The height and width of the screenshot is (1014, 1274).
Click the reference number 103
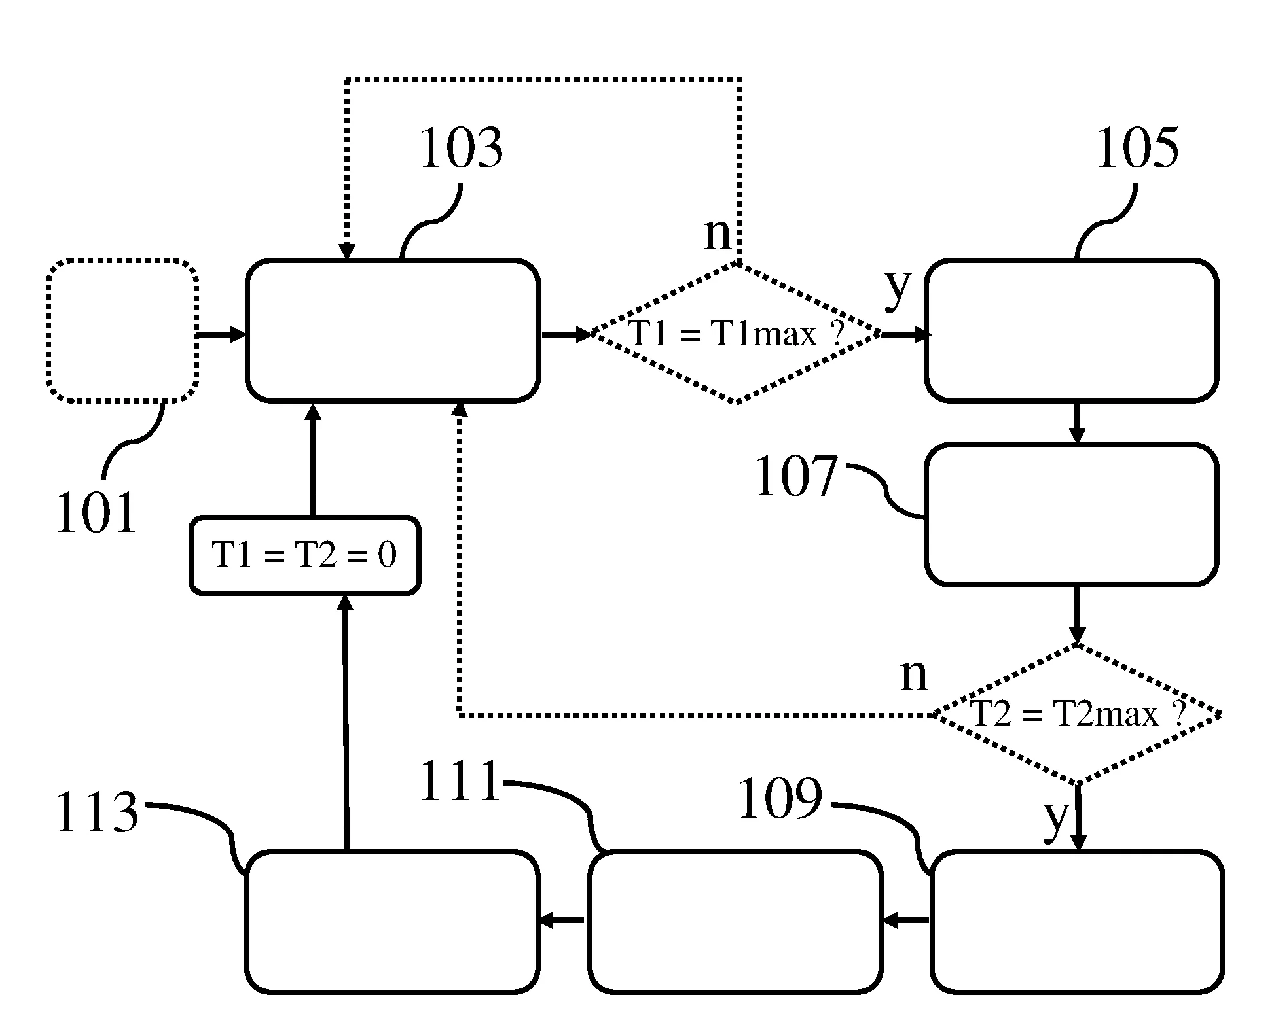pyautogui.click(x=461, y=149)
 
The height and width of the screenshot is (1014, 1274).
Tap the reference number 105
pyautogui.click(x=1137, y=149)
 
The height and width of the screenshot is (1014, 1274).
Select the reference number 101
pyautogui.click(x=96, y=513)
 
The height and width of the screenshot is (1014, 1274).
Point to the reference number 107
pyautogui.click(x=796, y=477)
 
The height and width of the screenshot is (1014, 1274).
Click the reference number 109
pyautogui.click(x=780, y=799)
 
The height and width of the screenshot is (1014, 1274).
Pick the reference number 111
pyautogui.click(x=460, y=782)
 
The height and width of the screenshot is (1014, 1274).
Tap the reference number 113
pyautogui.click(x=97, y=813)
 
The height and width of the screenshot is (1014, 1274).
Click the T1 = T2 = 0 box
pyautogui.click(x=304, y=555)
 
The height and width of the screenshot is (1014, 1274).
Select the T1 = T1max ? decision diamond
pyautogui.click(x=736, y=334)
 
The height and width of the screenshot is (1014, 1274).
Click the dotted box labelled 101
pyautogui.click(x=122, y=330)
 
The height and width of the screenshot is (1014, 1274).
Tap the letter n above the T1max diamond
pyautogui.click(x=718, y=234)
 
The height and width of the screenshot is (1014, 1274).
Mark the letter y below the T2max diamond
pyautogui.click(x=1055, y=815)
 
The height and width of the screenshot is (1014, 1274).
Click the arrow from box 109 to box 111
pyautogui.click(x=905, y=920)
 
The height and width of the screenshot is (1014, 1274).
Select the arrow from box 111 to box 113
pyautogui.click(x=562, y=920)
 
